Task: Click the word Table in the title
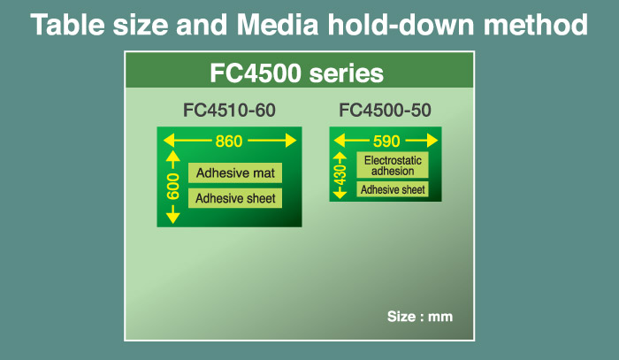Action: [68, 25]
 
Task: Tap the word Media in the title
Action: [278, 25]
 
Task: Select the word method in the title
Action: [536, 25]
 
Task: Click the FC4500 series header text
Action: [296, 73]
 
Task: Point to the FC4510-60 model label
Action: [229, 111]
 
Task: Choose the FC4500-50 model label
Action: [385, 111]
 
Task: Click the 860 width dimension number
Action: [229, 141]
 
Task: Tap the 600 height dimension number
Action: [173, 187]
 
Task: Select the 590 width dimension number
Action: [386, 141]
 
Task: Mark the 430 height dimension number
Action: [340, 175]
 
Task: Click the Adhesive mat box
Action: [235, 172]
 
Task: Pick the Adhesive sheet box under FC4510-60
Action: [235, 198]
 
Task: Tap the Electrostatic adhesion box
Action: [393, 165]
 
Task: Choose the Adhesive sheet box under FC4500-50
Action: [393, 189]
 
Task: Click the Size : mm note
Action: [420, 317]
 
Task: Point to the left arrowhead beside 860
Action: [169, 141]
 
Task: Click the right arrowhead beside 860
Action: [291, 141]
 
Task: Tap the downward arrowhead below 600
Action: [173, 218]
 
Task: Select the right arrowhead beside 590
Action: [432, 141]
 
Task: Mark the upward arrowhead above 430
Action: [340, 156]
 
